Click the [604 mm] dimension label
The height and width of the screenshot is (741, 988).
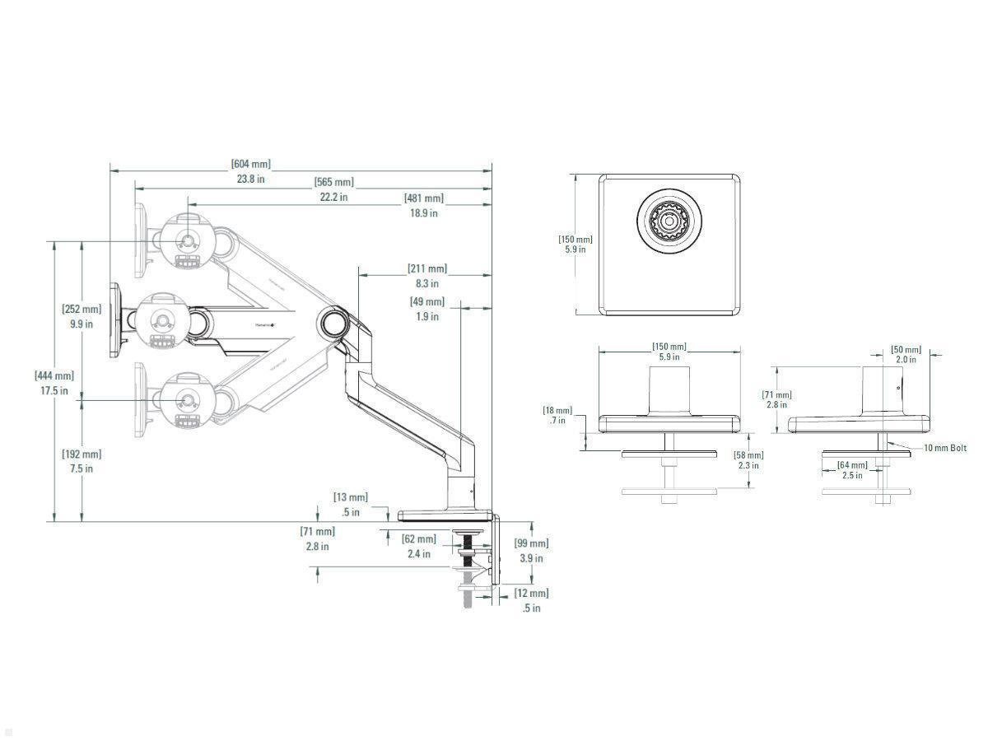[x=250, y=165]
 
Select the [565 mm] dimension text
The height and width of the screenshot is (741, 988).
[x=333, y=182]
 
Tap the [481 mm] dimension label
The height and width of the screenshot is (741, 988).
[x=423, y=198]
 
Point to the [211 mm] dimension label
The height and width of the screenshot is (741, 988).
[x=427, y=269]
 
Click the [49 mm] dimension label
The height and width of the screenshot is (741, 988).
[x=426, y=302]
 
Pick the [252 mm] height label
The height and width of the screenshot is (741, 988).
[x=82, y=310]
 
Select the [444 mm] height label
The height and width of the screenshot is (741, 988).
[x=54, y=376]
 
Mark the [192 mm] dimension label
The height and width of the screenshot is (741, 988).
[x=82, y=454]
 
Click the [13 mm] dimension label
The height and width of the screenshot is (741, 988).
[x=350, y=497]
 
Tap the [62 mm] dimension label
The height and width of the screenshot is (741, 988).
[x=418, y=539]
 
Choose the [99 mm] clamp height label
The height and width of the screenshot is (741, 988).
[x=531, y=543]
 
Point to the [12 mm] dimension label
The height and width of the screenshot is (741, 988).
[x=531, y=594]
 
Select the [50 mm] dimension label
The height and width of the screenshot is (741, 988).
[x=906, y=350]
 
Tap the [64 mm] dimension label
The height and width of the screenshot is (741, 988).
[x=852, y=466]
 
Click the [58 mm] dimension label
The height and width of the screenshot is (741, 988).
[x=748, y=455]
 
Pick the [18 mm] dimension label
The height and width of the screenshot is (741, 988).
[x=557, y=411]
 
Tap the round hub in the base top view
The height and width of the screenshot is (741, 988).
[x=668, y=221]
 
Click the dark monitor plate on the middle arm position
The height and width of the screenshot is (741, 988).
[x=116, y=321]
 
